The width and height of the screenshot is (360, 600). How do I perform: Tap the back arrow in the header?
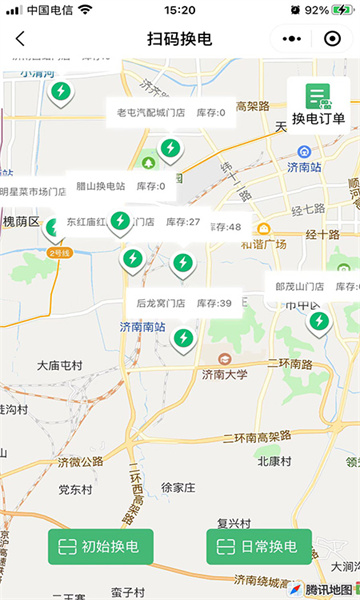pos(20,40)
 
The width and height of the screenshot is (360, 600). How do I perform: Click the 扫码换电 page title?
pos(180,40)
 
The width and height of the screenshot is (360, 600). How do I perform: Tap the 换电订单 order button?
pos(318,104)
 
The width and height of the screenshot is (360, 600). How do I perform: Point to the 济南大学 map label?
pos(224,375)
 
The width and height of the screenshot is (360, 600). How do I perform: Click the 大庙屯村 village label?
pos(63,366)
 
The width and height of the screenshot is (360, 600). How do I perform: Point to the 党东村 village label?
pos(75,489)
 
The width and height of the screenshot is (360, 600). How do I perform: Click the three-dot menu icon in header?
pos(292,40)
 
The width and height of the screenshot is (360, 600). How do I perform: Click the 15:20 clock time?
pos(179,9)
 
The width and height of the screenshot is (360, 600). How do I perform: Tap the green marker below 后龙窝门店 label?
pos(183,338)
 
